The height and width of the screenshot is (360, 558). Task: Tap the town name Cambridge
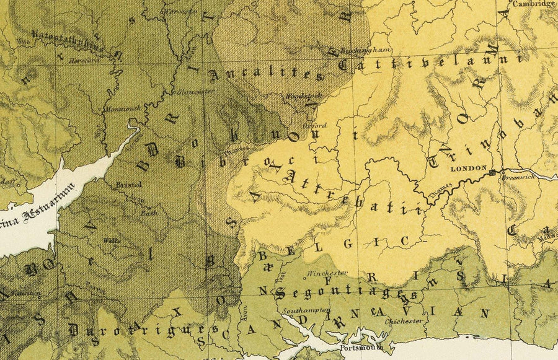pos(534,4)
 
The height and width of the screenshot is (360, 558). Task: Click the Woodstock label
pos(299,97)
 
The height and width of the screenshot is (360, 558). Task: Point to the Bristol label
pos(128,184)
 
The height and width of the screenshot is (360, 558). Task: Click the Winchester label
pos(327,272)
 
